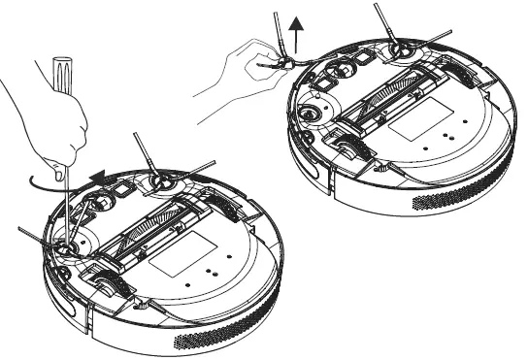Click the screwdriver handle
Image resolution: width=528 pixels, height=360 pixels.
tap(59, 82)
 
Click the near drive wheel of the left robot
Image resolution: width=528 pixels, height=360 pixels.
tap(107, 282)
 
